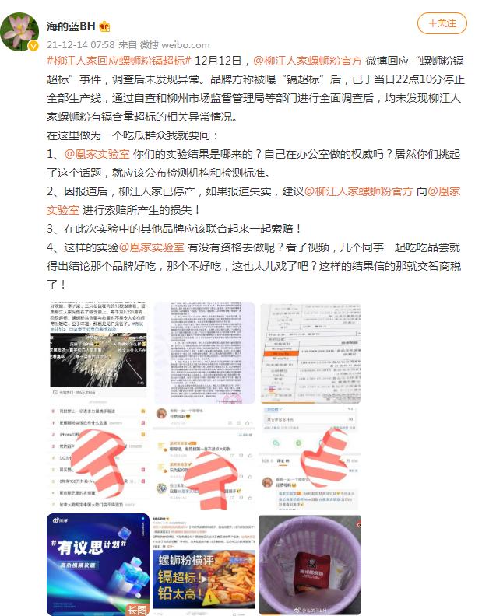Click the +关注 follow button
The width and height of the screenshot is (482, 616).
pos(442,24)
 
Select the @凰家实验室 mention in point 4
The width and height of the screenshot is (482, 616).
pos(151,247)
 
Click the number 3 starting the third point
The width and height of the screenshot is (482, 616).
pos(51,229)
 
